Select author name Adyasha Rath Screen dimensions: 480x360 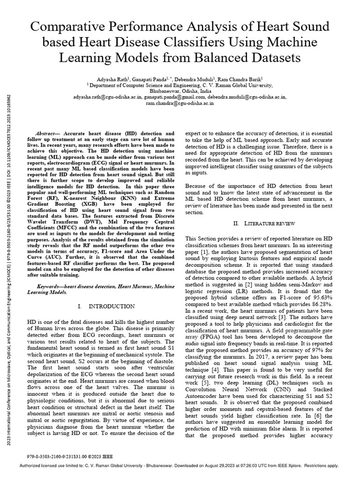point(112,80)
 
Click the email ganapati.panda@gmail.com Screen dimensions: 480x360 point(167,97)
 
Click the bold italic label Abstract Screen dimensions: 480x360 point(47,134)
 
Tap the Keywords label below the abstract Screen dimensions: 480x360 point(50,285)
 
